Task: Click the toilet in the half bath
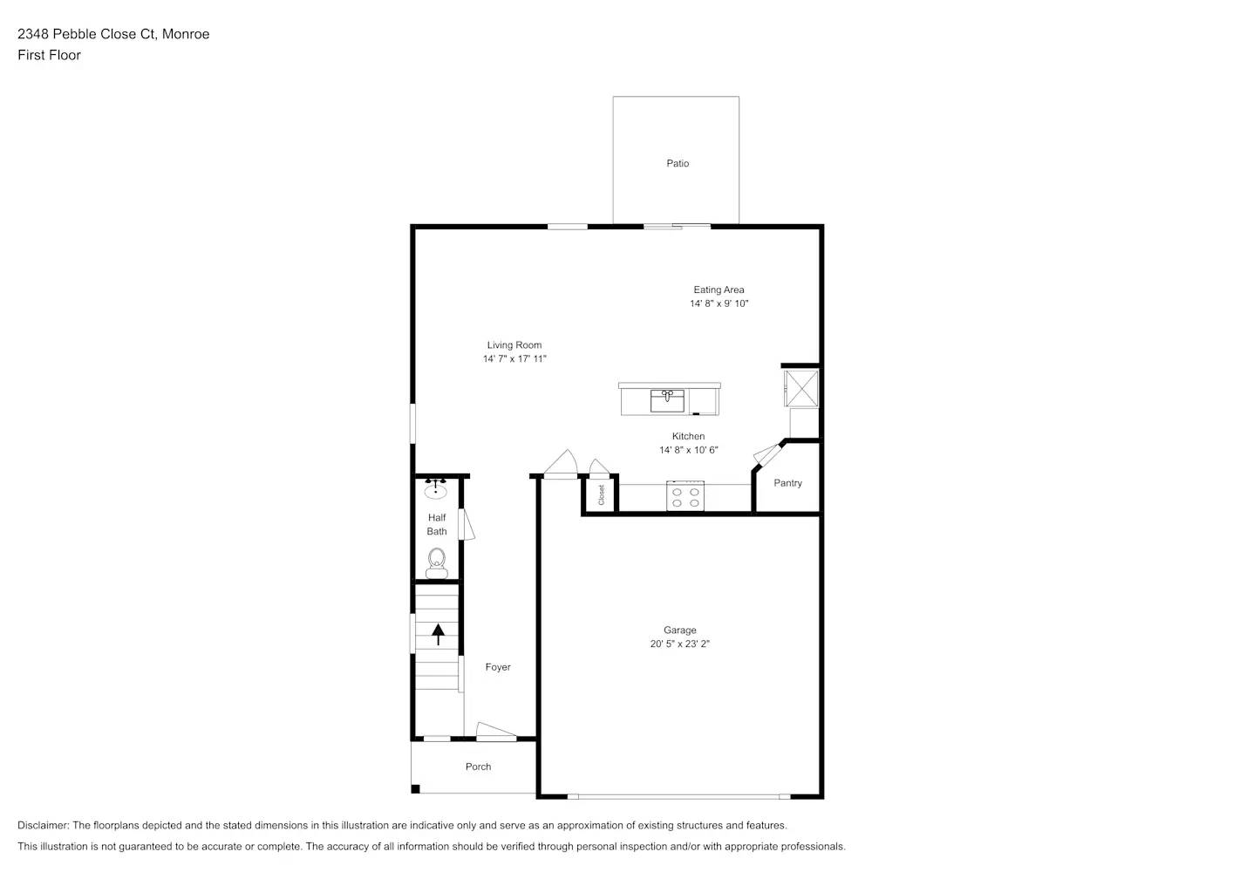click(x=436, y=561)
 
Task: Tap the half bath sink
click(x=435, y=491)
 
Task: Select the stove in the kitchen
click(x=685, y=496)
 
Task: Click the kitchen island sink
click(x=667, y=401)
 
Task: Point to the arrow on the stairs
click(x=438, y=634)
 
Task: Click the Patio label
click(x=678, y=163)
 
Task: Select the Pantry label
click(x=787, y=483)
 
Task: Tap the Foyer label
click(x=498, y=667)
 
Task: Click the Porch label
click(x=478, y=766)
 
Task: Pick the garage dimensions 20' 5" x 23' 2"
click(x=680, y=644)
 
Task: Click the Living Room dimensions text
click(x=514, y=359)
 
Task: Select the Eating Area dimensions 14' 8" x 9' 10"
click(x=719, y=303)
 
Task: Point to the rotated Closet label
click(x=601, y=494)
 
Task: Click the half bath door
click(x=467, y=526)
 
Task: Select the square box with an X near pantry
click(x=800, y=387)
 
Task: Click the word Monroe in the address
click(x=186, y=34)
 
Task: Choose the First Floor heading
click(x=49, y=55)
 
